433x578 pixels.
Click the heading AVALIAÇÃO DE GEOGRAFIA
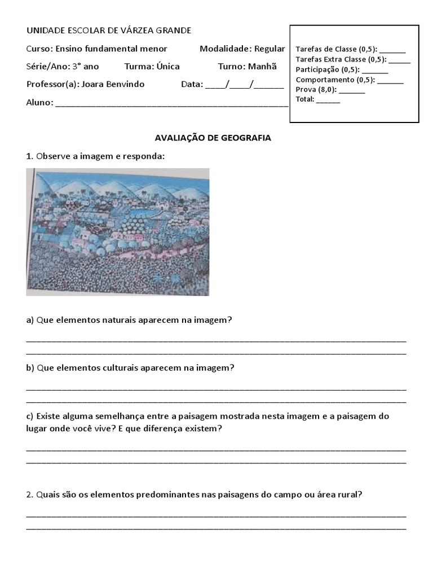tap(213, 138)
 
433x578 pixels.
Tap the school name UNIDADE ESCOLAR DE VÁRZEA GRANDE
tap(109, 30)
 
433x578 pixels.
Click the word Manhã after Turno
tap(263, 67)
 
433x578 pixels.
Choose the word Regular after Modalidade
tap(269, 49)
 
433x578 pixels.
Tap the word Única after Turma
tap(167, 67)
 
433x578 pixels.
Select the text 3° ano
tap(85, 67)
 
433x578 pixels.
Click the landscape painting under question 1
tap(117, 231)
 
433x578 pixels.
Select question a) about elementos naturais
tap(129, 320)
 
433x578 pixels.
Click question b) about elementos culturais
tap(130, 367)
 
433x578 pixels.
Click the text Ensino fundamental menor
tap(111, 49)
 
